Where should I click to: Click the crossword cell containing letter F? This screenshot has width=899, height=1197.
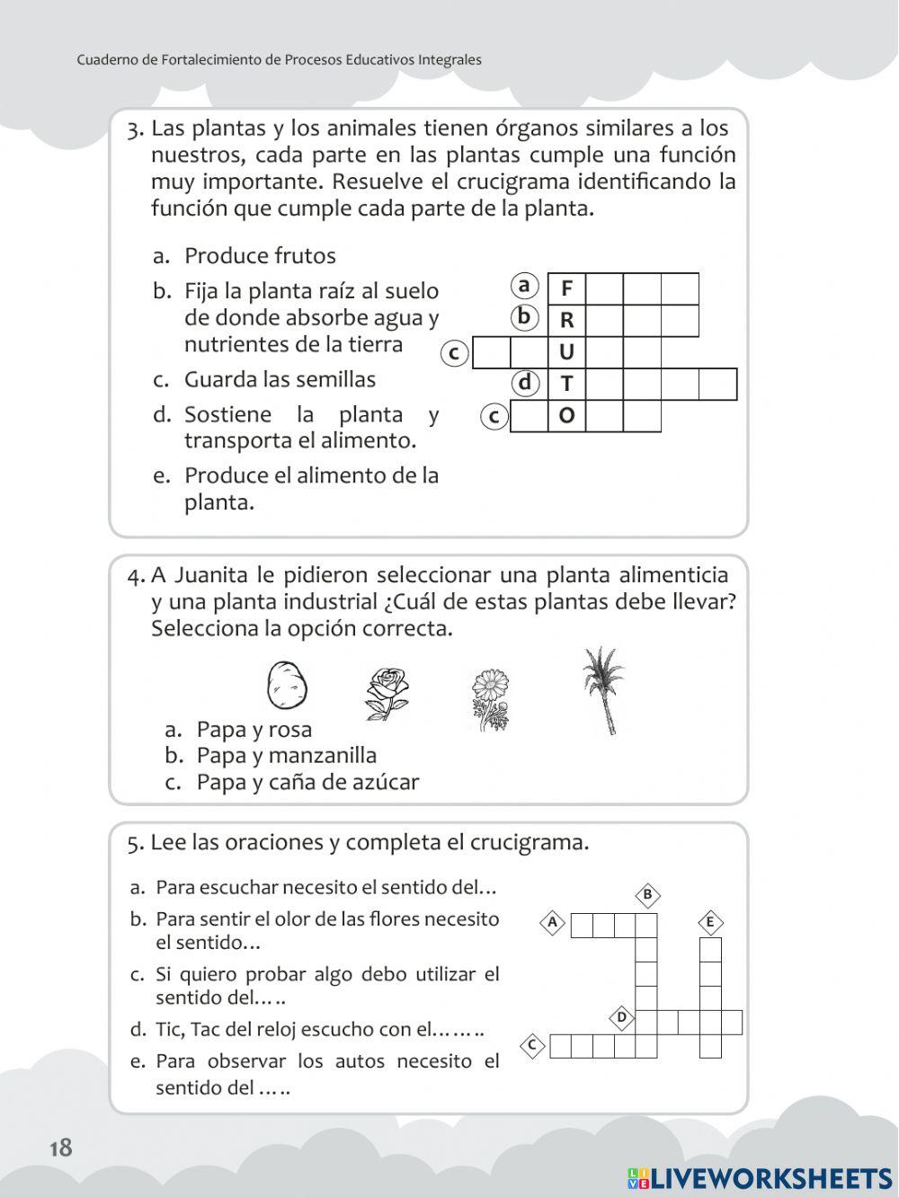click(x=566, y=288)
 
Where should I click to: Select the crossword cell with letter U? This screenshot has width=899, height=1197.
click(x=566, y=352)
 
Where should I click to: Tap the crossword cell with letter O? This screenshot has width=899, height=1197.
click(x=566, y=416)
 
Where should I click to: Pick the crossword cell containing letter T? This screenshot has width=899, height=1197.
click(x=566, y=384)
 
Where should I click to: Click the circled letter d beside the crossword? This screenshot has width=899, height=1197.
click(x=525, y=384)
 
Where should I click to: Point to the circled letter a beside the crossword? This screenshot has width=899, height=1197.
click(x=525, y=286)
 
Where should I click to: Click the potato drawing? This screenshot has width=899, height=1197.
click(x=287, y=685)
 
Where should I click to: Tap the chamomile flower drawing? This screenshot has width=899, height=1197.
click(x=490, y=699)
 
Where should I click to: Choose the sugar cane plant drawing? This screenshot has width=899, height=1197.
click(x=601, y=690)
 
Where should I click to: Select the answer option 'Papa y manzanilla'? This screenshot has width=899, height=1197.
click(x=286, y=756)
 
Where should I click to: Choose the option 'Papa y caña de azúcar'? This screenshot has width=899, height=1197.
click(x=307, y=783)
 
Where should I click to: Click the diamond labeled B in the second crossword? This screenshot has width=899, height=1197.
click(x=647, y=895)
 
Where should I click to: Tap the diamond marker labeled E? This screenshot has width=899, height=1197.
click(x=710, y=922)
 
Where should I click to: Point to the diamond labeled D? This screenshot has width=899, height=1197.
click(x=621, y=1018)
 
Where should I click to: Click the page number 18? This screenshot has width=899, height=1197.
click(x=61, y=1148)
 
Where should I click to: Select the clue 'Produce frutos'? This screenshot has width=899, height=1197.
click(x=260, y=256)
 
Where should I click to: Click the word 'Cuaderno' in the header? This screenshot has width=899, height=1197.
click(x=106, y=60)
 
